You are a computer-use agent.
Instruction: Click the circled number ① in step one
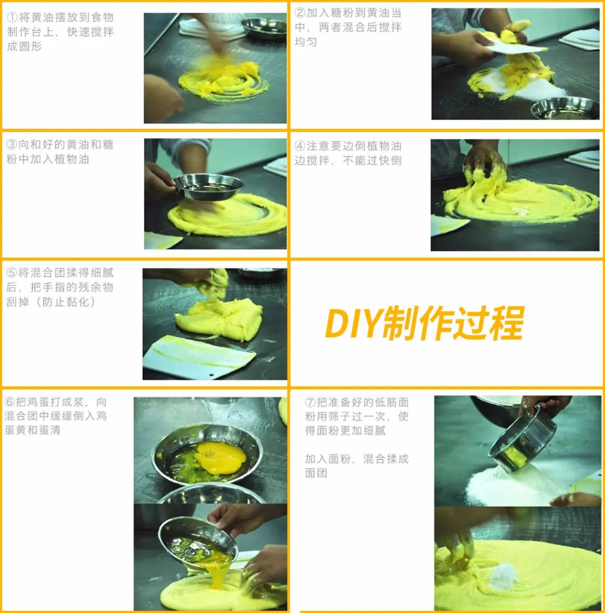click(12, 17)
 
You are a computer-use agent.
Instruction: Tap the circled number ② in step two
click(300, 13)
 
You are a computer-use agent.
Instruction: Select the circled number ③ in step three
click(11, 145)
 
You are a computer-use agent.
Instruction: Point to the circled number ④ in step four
click(300, 146)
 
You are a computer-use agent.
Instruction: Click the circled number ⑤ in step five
click(11, 273)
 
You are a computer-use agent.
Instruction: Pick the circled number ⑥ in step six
click(10, 402)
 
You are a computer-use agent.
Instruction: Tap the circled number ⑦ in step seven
click(310, 402)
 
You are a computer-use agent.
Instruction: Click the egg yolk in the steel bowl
click(220, 458)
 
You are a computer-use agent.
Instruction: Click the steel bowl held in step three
click(208, 187)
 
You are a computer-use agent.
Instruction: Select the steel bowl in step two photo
click(565, 108)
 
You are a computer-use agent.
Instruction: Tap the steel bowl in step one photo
click(264, 28)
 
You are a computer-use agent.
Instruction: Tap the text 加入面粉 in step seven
click(328, 459)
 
